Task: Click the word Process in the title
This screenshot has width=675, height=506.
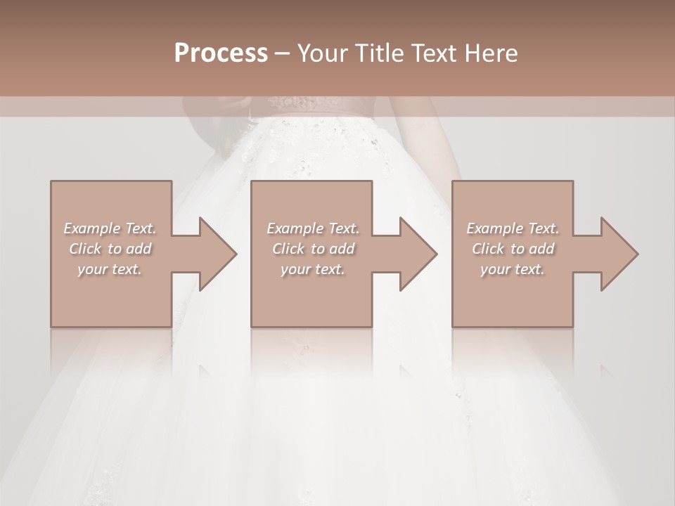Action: (x=221, y=53)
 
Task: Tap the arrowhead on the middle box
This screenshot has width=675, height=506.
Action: (x=418, y=254)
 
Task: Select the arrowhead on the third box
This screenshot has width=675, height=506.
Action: (x=618, y=254)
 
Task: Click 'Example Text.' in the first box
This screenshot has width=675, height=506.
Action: (x=110, y=228)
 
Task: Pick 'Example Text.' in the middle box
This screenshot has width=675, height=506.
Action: (x=313, y=228)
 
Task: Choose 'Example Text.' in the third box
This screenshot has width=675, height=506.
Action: (x=513, y=228)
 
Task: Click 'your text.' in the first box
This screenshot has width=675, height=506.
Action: (x=110, y=269)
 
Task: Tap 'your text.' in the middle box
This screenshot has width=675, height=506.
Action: (x=313, y=269)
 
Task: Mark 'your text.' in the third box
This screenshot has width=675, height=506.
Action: (x=513, y=269)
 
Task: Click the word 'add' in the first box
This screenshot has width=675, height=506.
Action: (x=139, y=249)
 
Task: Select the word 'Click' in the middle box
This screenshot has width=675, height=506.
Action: (x=288, y=249)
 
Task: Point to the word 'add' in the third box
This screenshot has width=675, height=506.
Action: (x=541, y=249)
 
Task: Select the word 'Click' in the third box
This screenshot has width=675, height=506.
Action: (x=488, y=249)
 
